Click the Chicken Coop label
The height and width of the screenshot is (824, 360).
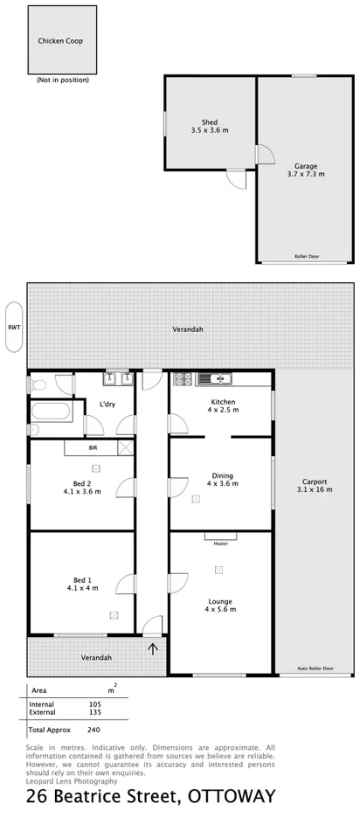click(60, 41)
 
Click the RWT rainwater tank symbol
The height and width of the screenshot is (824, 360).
click(14, 328)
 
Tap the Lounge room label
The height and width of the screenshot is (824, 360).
click(220, 601)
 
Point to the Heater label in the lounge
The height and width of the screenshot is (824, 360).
click(220, 543)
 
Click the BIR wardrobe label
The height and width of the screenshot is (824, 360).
click(93, 448)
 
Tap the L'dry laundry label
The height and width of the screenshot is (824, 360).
click(107, 404)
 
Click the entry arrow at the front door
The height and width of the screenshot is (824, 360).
click(154, 648)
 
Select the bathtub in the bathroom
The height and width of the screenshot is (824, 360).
click(51, 411)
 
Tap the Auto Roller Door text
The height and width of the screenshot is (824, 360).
click(315, 668)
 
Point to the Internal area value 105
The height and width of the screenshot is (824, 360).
click(94, 703)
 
